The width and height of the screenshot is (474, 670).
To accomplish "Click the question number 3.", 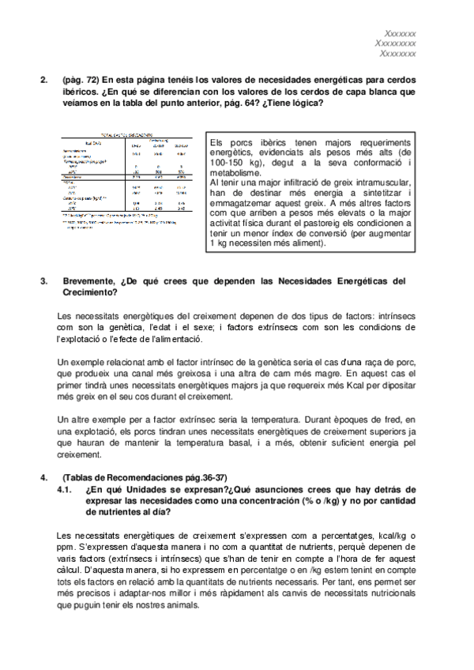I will point(43,280).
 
